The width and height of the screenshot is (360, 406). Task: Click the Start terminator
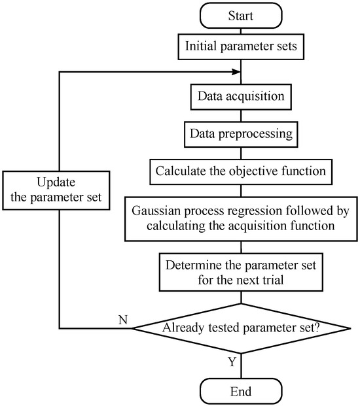point(242,15)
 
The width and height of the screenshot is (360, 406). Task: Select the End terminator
point(242,392)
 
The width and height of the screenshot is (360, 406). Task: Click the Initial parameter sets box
point(242,47)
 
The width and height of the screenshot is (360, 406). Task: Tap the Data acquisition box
point(242,96)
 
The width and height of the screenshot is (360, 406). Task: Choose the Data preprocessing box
point(242,134)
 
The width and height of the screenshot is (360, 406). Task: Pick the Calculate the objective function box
point(242,172)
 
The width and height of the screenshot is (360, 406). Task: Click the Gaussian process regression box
point(242,219)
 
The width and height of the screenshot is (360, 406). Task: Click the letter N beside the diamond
point(122,320)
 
